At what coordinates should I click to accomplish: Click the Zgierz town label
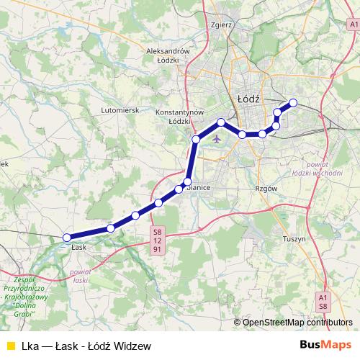(222, 24)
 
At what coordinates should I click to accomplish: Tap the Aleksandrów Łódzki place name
(167, 56)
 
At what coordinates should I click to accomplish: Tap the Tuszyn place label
(295, 238)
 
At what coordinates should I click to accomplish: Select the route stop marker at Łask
(67, 237)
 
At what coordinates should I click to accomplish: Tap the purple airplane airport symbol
(216, 139)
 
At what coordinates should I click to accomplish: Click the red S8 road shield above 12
(157, 231)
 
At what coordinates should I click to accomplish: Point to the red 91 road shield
(157, 249)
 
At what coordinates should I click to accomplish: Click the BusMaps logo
(329, 345)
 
